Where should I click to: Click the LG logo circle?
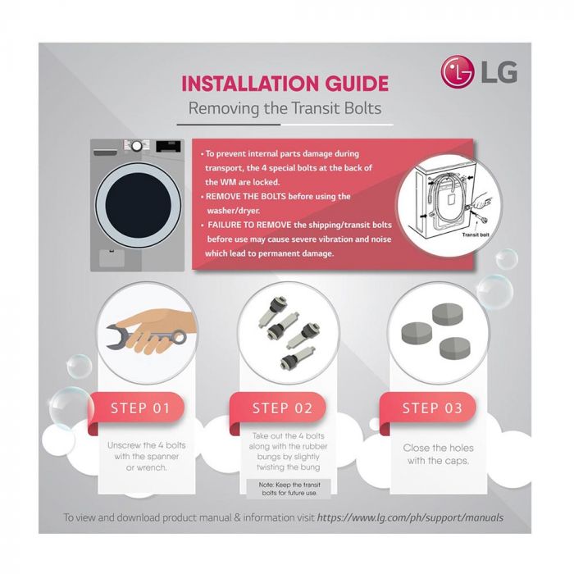pyautogui.click(x=458, y=72)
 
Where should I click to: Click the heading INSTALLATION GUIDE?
pyautogui.click(x=285, y=84)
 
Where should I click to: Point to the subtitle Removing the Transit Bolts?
pyautogui.click(x=285, y=107)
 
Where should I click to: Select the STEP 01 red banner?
pyautogui.click(x=139, y=408)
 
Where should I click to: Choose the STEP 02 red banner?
pyautogui.click(x=283, y=408)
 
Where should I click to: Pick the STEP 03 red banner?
pyautogui.click(x=432, y=408)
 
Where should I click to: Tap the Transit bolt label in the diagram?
pyautogui.click(x=476, y=234)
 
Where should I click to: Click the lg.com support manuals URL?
pyautogui.click(x=411, y=517)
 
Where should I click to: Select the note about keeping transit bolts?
pyautogui.click(x=282, y=489)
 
